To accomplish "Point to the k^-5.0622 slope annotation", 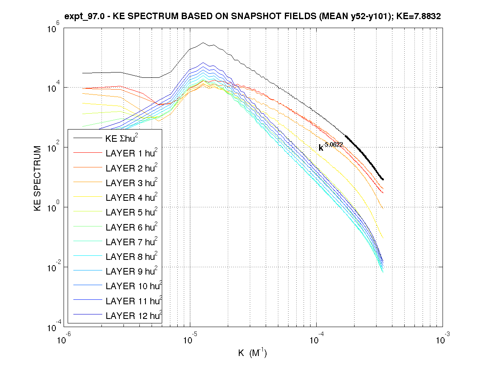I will (330, 147).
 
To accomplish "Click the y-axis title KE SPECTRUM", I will (38, 178).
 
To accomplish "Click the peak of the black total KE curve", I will (203, 43).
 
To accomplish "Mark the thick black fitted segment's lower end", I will (383, 179).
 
